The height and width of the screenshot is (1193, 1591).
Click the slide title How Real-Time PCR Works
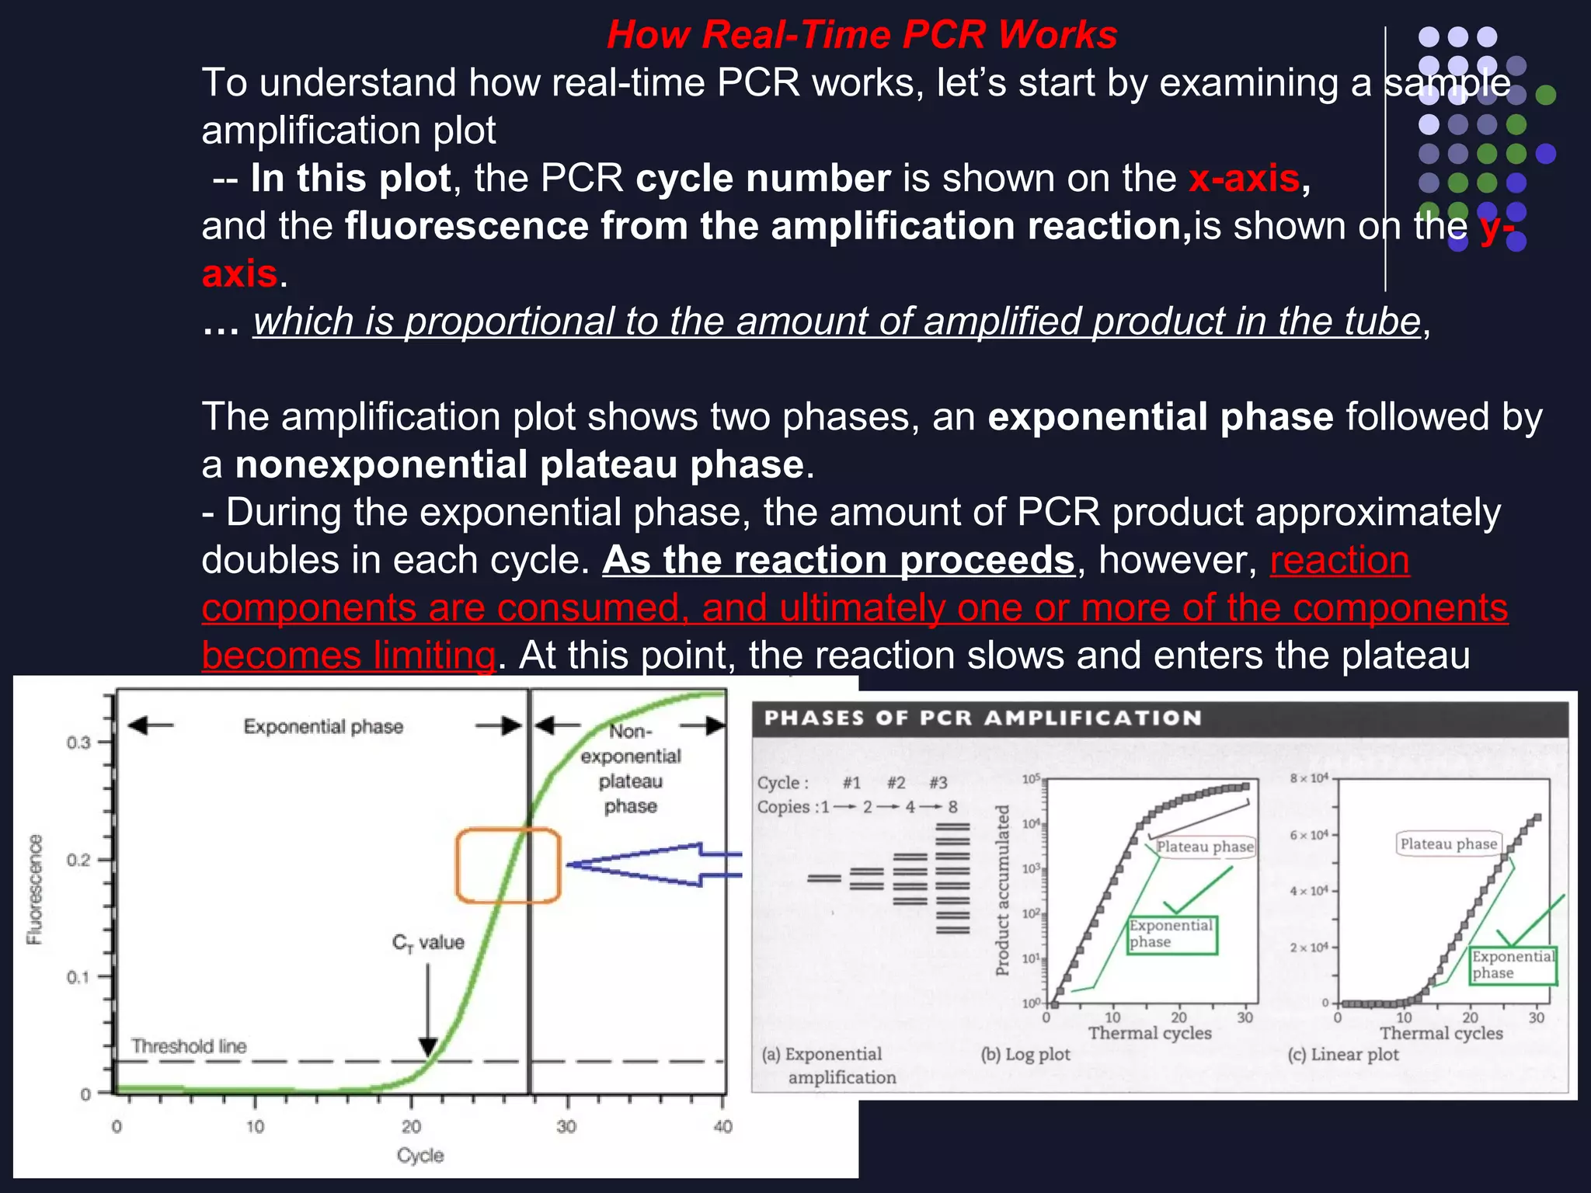pos(862,35)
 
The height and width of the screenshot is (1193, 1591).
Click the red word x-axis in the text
pos(1244,179)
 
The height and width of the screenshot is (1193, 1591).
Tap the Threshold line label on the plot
pos(189,1046)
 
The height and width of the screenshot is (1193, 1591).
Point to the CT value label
pos(428,943)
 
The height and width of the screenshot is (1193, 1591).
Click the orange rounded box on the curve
pos(508,866)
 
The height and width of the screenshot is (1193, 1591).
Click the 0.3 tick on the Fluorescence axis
pos(78,743)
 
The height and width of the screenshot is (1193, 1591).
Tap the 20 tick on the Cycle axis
pos(411,1126)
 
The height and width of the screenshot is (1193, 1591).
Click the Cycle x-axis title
pos(420,1156)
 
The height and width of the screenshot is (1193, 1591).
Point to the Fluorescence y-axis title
pos(35,889)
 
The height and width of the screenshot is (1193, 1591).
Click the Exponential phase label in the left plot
pos(323,727)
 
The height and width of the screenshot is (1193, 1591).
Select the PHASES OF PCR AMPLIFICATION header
pos(983,718)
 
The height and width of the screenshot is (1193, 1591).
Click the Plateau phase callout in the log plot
pos(1204,847)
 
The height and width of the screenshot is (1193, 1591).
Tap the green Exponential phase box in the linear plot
pos(1513,965)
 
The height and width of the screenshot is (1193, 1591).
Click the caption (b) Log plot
pos(1025,1055)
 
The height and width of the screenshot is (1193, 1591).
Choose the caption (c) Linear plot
pos(1343,1055)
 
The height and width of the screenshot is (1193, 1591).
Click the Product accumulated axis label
pos(1002,890)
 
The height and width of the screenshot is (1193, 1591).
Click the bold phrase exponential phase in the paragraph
pos(1160,417)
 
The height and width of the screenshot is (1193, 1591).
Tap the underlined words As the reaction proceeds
pos(838,560)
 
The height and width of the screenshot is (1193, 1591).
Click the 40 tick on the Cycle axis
pos(722,1126)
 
